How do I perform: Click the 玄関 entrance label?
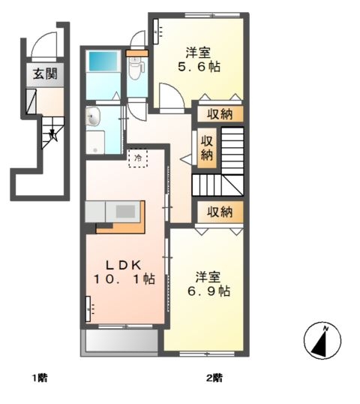(x=45, y=74)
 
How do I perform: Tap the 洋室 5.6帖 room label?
(x=199, y=60)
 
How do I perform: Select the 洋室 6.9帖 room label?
(x=208, y=284)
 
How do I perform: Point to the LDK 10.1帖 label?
(x=124, y=272)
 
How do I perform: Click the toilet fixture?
(x=136, y=67)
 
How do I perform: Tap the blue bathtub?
(x=103, y=61)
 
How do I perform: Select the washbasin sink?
(x=93, y=116)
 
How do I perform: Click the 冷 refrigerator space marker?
(x=138, y=158)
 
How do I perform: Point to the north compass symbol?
(x=322, y=340)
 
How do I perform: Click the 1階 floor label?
(x=39, y=378)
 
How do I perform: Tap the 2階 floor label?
(x=214, y=378)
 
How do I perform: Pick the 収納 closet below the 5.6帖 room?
(x=220, y=114)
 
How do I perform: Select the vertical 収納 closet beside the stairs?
(x=207, y=148)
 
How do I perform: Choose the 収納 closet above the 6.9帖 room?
(x=220, y=212)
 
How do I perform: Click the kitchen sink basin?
(x=125, y=212)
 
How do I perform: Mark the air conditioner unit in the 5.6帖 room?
(x=157, y=32)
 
